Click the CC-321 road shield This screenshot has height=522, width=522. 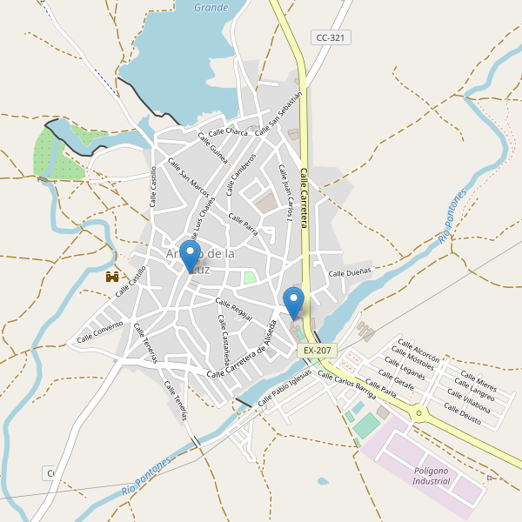331,37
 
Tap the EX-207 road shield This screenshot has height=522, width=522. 317,350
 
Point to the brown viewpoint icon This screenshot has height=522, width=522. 112,277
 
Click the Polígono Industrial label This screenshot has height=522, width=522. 432,475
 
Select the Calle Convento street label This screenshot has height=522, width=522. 100,331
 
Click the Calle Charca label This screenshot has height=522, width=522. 228,132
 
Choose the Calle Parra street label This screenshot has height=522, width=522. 243,224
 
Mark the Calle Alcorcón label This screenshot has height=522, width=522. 418,349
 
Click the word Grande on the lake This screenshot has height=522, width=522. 211,8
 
